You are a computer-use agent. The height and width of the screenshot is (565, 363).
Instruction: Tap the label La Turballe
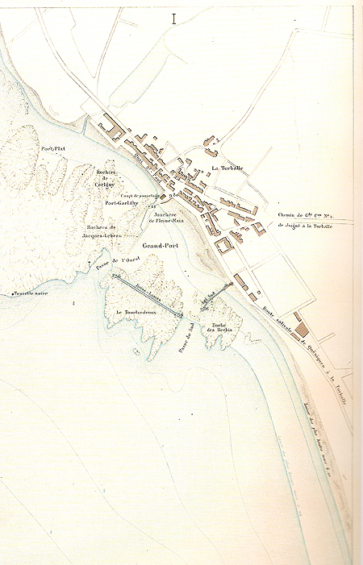click(227, 168)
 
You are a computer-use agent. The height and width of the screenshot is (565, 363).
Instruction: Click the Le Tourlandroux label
click(135, 312)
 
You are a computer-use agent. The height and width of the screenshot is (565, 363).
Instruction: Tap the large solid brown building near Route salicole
click(302, 328)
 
